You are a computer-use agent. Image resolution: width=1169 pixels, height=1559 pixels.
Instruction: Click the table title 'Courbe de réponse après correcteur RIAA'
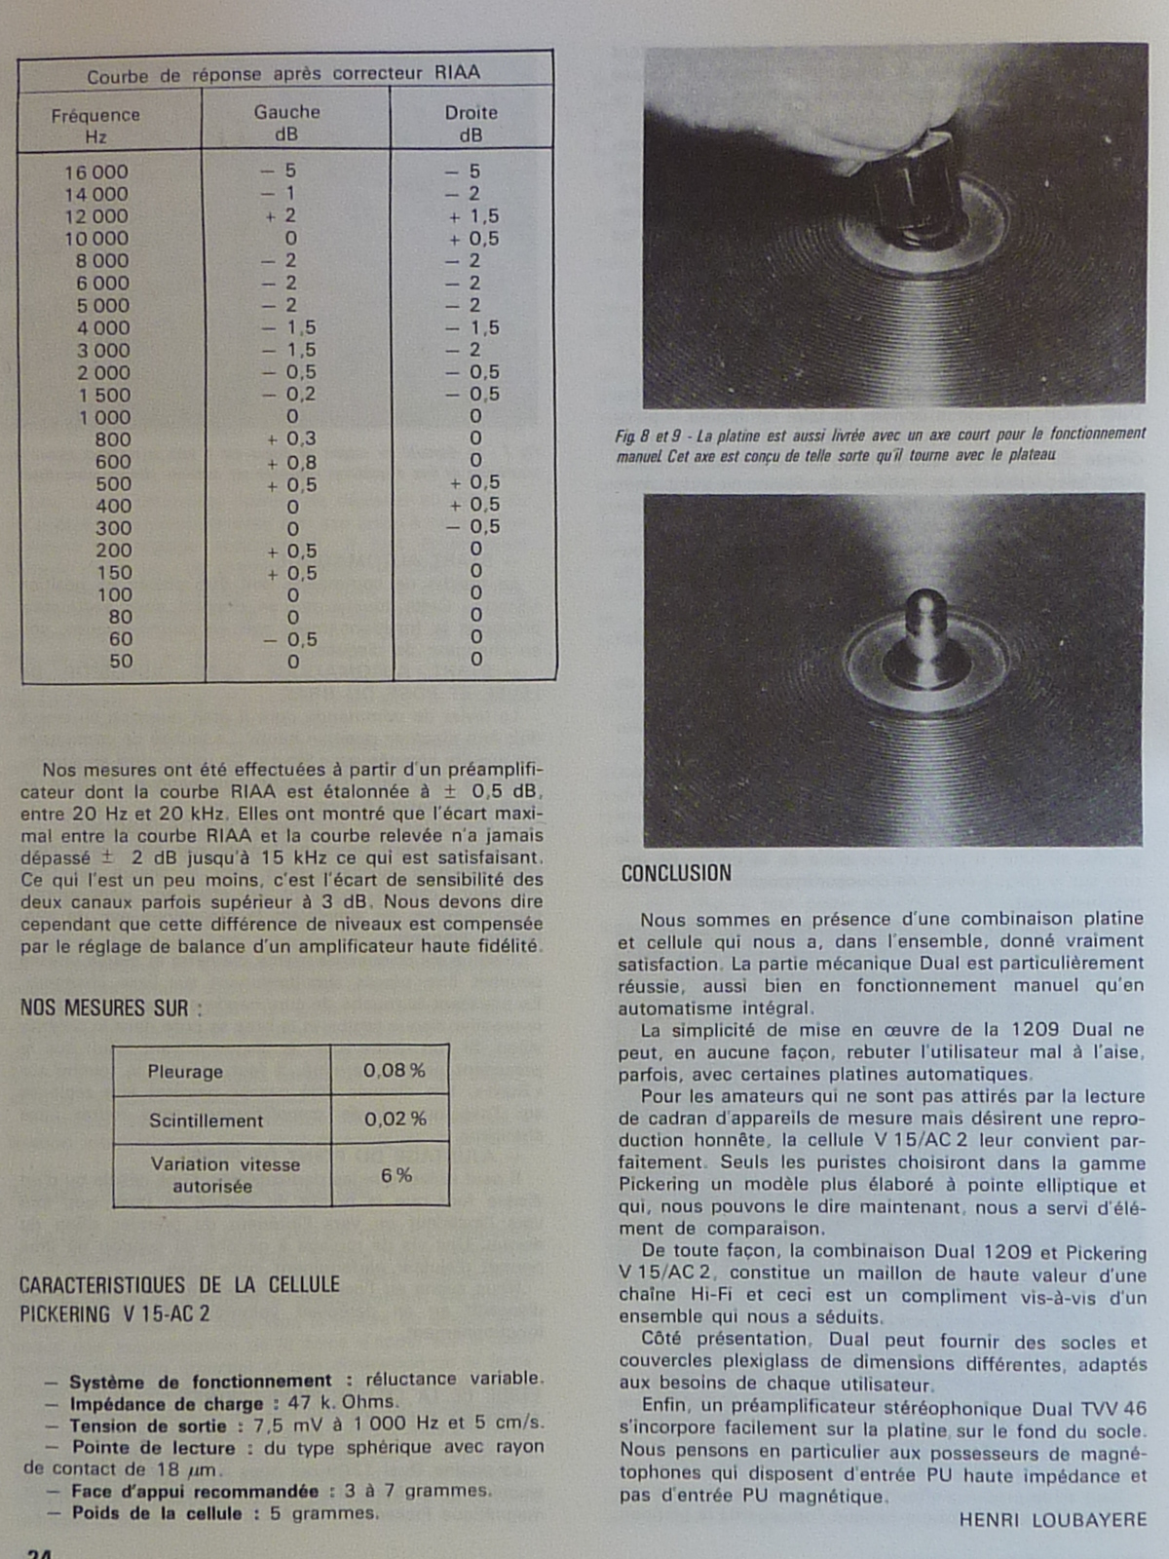283,74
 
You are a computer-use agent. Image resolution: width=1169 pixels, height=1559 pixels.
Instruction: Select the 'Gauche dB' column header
286,124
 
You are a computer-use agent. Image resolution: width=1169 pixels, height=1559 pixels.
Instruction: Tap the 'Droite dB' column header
471,124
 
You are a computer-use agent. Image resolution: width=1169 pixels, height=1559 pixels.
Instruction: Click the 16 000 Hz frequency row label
95,172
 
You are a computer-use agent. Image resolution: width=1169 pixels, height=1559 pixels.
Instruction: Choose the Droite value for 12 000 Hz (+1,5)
474,216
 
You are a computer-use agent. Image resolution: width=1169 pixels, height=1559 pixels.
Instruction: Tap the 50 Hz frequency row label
121,662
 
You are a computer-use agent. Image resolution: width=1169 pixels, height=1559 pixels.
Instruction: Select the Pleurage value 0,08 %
394,1071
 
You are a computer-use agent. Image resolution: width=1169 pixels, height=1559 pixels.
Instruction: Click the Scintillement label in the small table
206,1121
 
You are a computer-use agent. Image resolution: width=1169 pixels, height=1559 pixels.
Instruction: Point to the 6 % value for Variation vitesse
396,1176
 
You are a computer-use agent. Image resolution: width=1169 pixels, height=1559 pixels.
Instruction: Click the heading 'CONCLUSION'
676,873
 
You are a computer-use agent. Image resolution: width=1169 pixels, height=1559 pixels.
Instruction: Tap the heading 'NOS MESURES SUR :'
111,1008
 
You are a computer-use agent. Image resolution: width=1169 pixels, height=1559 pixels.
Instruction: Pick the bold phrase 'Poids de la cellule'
156,1513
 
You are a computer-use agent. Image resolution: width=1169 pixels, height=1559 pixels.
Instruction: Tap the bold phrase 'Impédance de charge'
166,1404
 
